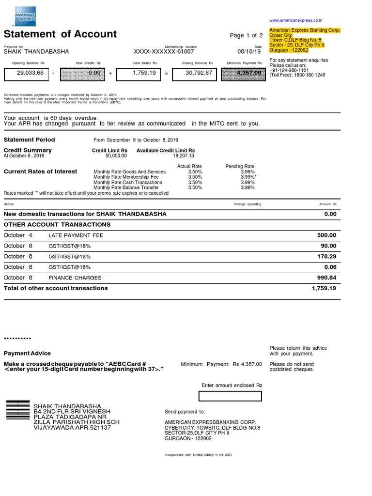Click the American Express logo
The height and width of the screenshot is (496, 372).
pos(25,16)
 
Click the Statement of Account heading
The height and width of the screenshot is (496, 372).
pos(60,34)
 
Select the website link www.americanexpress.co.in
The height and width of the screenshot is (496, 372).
pos(295,20)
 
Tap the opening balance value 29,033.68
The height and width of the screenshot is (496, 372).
pos(30,73)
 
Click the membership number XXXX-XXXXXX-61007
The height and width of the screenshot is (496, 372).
pos(164,51)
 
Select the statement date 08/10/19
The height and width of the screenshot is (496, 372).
pos(249,51)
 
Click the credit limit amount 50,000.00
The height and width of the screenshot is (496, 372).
pos(116,156)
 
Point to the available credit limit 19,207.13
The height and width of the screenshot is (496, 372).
pos(184,156)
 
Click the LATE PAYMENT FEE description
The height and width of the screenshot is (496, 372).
pos(76,235)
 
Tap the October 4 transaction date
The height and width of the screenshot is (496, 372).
pos(18,235)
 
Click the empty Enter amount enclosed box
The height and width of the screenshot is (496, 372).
pos(230,396)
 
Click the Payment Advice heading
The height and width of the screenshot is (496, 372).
pos(27,353)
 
